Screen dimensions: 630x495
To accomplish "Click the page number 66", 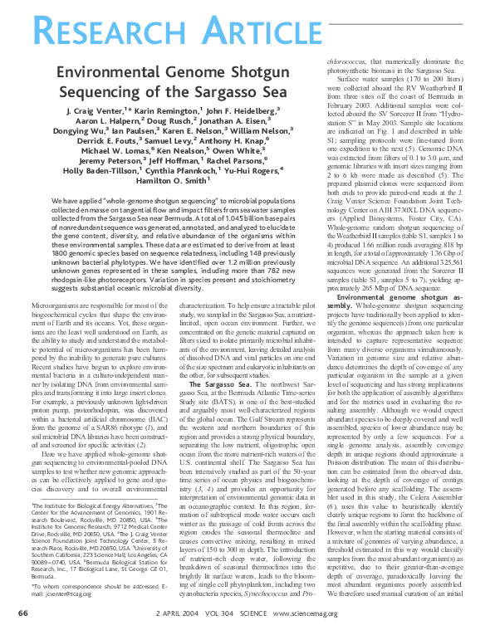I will tap(23, 613).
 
